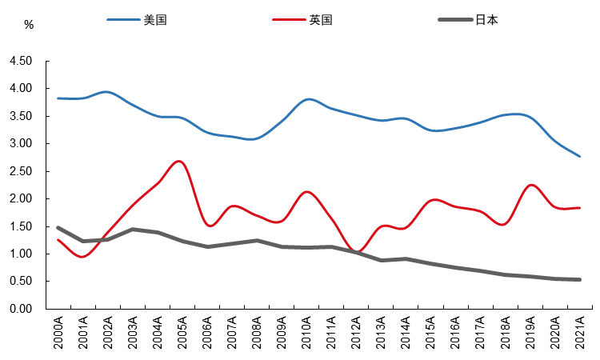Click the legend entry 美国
click(154, 20)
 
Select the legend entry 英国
click(321, 20)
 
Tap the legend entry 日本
click(486, 20)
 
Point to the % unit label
click(29, 25)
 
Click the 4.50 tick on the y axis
click(21, 61)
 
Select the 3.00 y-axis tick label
click(21, 144)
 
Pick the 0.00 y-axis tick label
click(21, 310)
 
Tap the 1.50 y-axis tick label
click(21, 226)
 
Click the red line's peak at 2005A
click(180, 161)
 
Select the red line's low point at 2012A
click(358, 252)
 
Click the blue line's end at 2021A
click(580, 156)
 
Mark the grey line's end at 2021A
click(580, 279)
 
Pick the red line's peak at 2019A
click(531, 185)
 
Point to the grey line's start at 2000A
click(58, 228)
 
